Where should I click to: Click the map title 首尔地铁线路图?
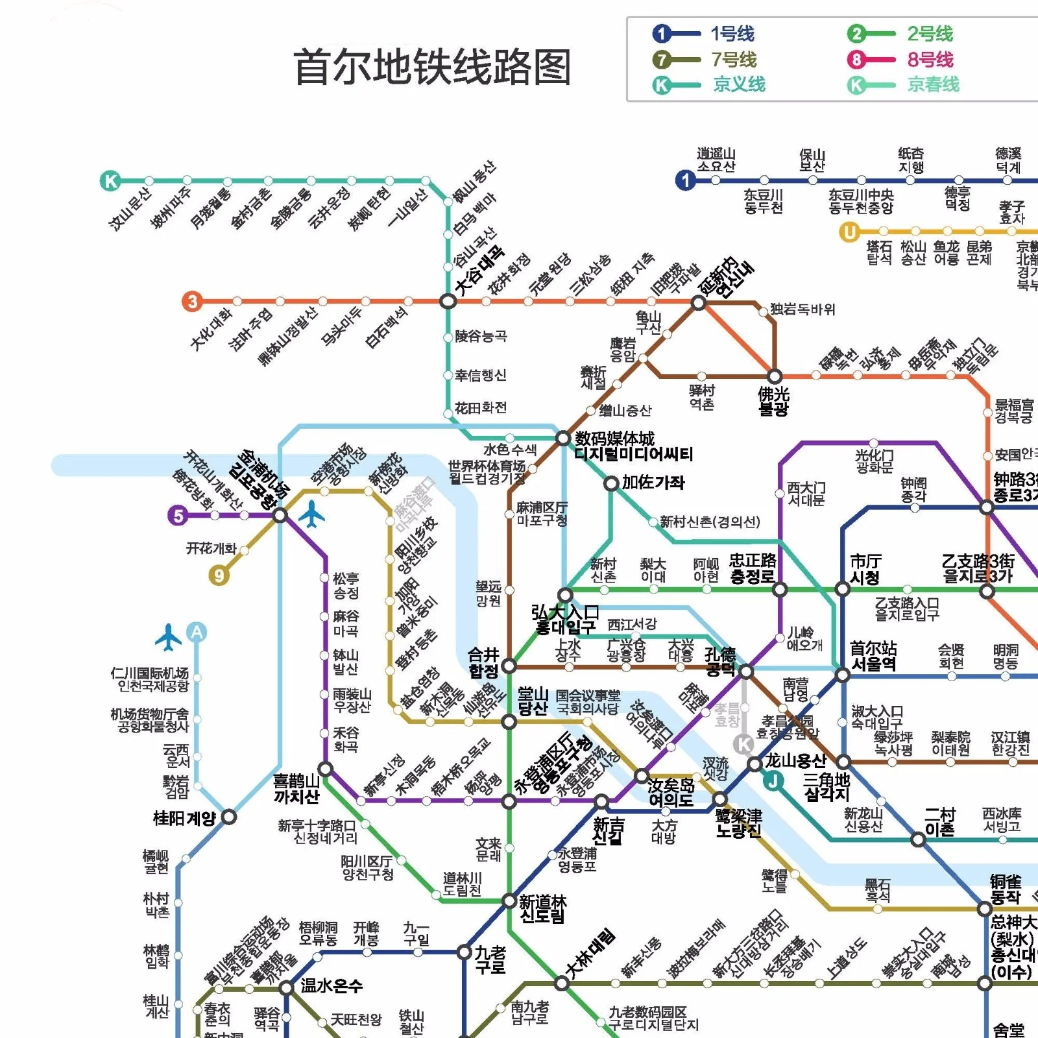pos(432,67)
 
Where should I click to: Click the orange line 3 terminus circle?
pos(192,301)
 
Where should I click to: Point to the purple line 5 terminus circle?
pos(178,516)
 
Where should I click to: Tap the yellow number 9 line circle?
pos(219,575)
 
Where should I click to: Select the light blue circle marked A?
pos(197,631)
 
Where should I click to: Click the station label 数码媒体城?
pos(614,439)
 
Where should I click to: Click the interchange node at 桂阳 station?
pos(228,817)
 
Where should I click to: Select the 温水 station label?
pos(331,986)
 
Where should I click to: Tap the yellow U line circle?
pos(849,232)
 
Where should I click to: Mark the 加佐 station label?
pos(653,482)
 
